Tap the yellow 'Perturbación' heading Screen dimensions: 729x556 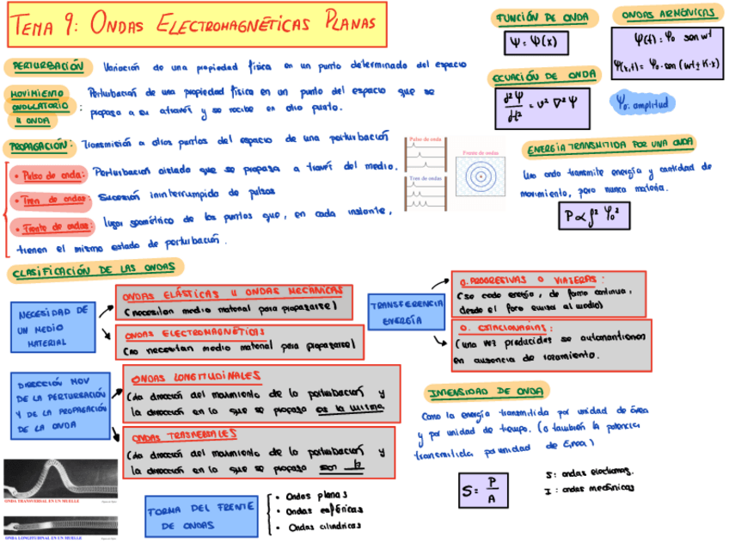tap(48, 65)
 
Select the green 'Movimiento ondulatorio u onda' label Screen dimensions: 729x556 tap(39, 106)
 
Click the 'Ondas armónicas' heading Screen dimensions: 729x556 tap(667, 14)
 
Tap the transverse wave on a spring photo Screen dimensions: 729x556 tap(60, 479)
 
